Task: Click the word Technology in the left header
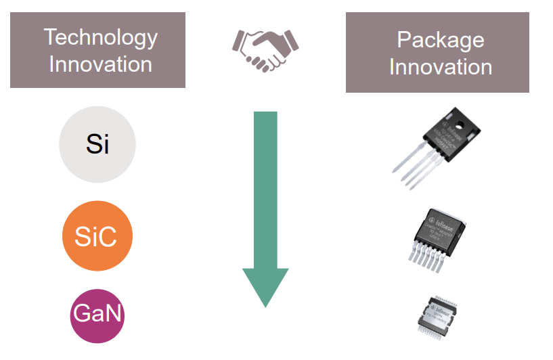click(100, 37)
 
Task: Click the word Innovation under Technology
click(100, 64)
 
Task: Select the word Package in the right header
click(440, 40)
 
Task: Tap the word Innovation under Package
click(440, 67)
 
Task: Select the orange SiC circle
click(97, 236)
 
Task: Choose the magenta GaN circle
click(98, 315)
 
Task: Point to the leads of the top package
click(413, 170)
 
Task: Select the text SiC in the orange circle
click(97, 237)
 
